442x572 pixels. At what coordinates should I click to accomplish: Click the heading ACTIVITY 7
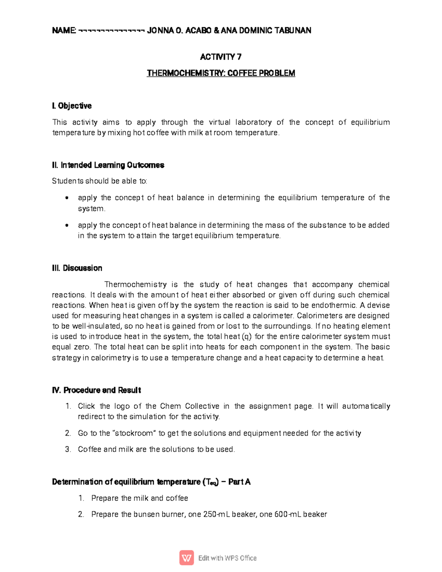tap(221, 57)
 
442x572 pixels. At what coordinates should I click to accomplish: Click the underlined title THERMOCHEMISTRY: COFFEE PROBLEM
tap(221, 73)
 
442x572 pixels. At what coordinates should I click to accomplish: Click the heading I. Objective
tap(72, 106)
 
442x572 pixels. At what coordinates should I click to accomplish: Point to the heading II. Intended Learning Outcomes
tap(108, 165)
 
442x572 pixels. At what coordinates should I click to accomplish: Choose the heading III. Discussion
tap(77, 268)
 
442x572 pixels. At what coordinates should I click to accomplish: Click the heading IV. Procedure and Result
tap(97, 390)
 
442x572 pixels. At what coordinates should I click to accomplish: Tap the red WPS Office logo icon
tap(187, 558)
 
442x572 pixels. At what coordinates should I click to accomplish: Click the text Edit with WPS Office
tap(227, 558)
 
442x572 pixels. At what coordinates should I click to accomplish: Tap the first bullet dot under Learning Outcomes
tap(67, 198)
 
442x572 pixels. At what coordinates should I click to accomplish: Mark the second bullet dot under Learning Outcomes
tap(67, 225)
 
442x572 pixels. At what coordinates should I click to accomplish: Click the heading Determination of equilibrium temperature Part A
tap(151, 482)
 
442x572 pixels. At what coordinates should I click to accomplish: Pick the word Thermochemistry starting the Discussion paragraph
tap(136, 284)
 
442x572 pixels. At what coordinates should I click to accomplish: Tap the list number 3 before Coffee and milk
tap(68, 449)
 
